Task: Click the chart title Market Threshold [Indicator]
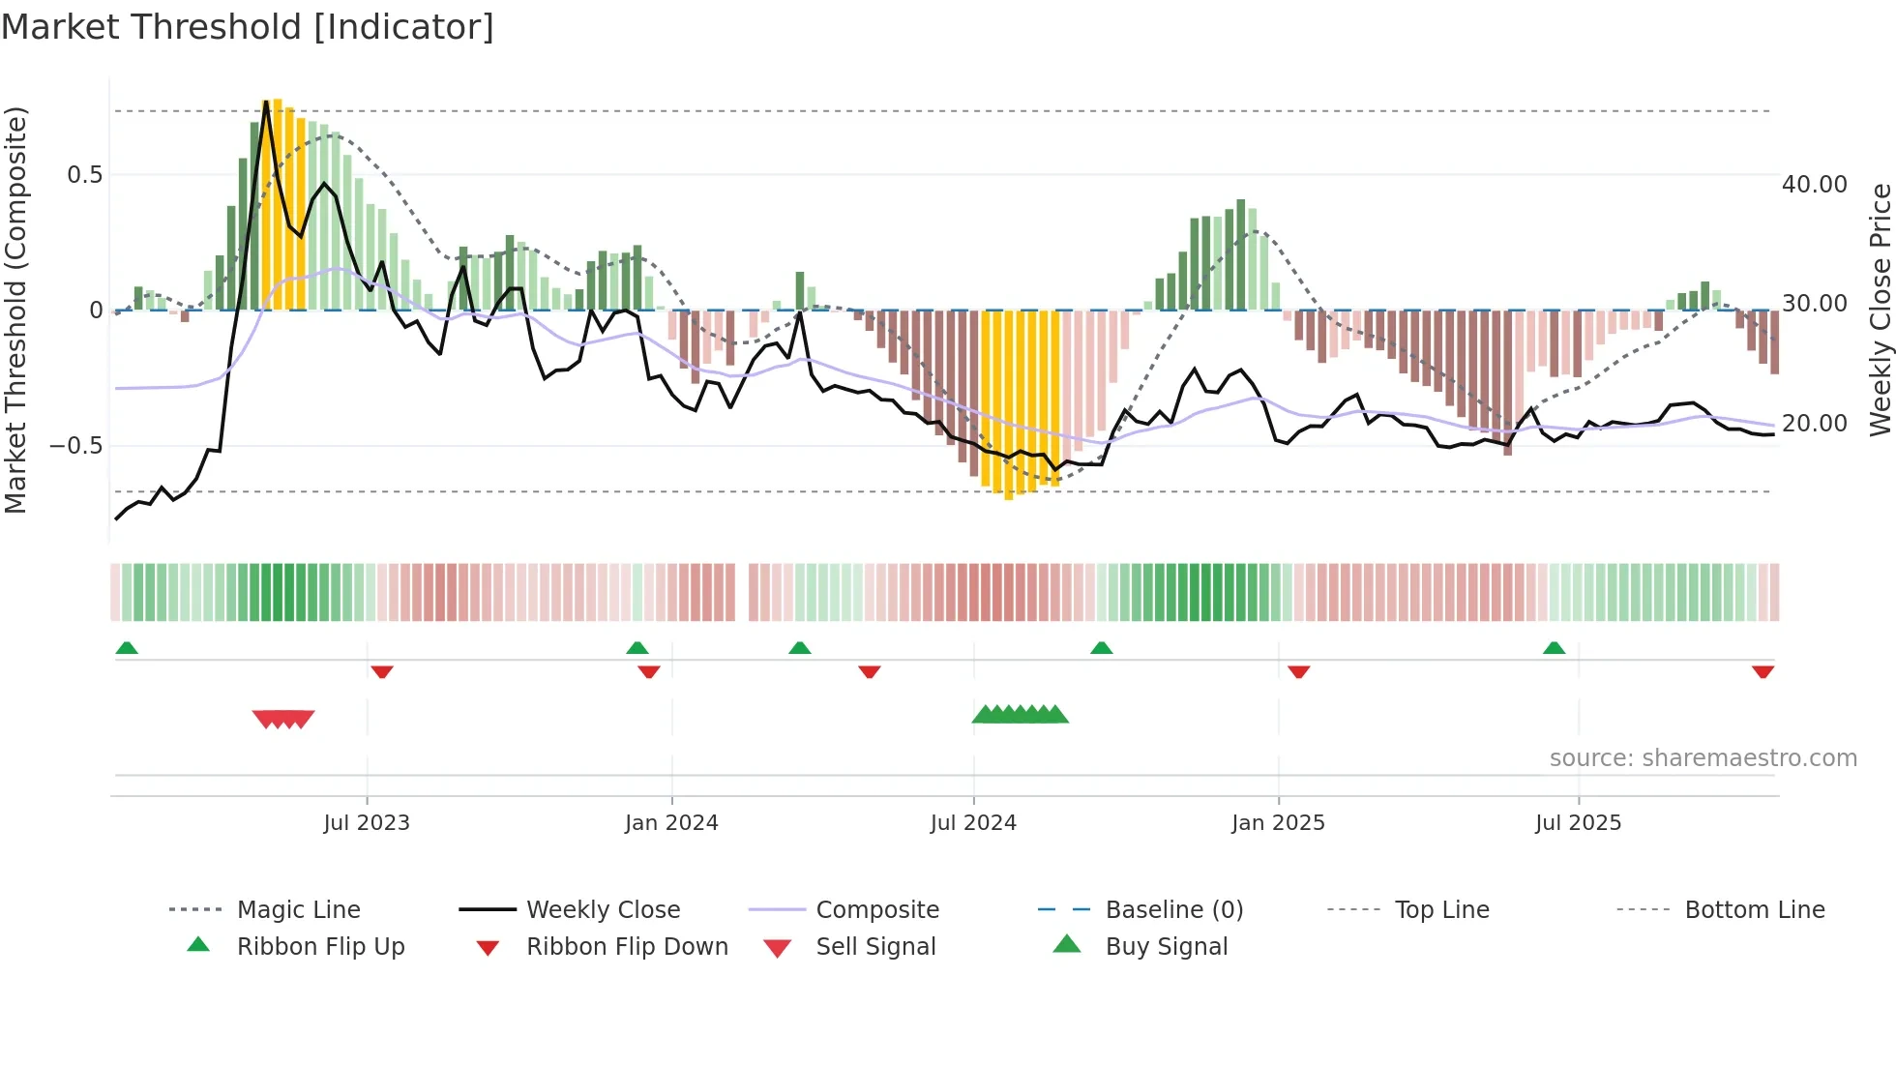pyautogui.click(x=248, y=27)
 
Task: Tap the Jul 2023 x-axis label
pyautogui.click(x=367, y=823)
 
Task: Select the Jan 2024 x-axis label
pyautogui.click(x=671, y=823)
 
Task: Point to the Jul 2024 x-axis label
pyautogui.click(x=973, y=823)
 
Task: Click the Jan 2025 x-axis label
pyautogui.click(x=1278, y=823)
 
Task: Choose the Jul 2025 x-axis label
pyautogui.click(x=1578, y=823)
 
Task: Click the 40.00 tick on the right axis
pyautogui.click(x=1814, y=185)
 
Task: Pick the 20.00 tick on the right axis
pyautogui.click(x=1814, y=424)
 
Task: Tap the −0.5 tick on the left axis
pyautogui.click(x=76, y=446)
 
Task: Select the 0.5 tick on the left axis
pyautogui.click(x=84, y=175)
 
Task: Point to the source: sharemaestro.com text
pyautogui.click(x=1703, y=758)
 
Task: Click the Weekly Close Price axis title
pyautogui.click(x=1880, y=310)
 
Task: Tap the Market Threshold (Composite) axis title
pyautogui.click(x=15, y=310)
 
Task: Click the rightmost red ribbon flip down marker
pyautogui.click(x=1763, y=671)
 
